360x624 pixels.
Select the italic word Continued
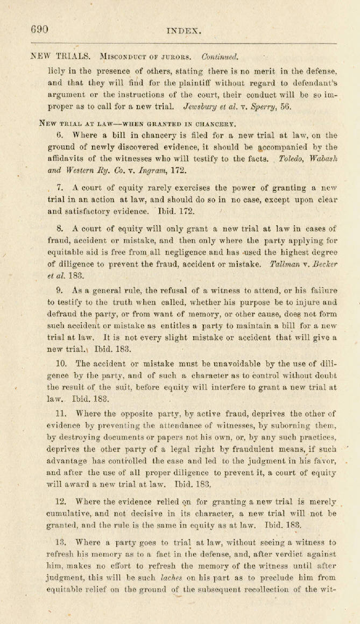coord(220,56)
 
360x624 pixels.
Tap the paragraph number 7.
coord(60,188)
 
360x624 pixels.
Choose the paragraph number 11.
coord(61,414)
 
